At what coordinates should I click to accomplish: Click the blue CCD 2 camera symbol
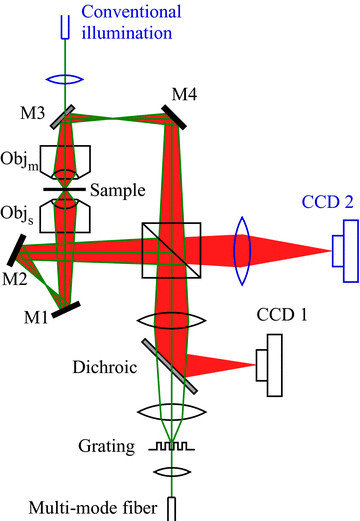click(x=343, y=249)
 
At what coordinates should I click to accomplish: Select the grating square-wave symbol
click(x=171, y=448)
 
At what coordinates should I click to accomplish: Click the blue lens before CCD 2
click(x=242, y=249)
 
